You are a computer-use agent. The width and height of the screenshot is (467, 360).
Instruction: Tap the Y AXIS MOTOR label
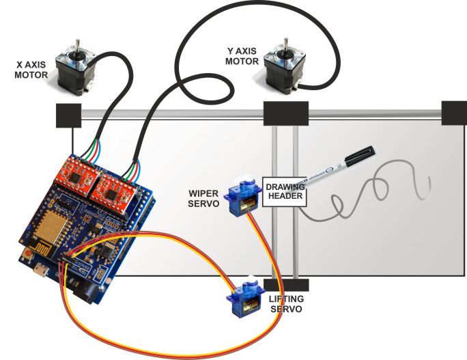coord(243,56)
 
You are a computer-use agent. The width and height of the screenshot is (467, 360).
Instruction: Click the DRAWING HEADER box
coord(285,191)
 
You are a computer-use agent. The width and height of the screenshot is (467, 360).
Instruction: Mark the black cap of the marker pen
coord(359,156)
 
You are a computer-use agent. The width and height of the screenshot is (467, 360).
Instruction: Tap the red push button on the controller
coord(27,254)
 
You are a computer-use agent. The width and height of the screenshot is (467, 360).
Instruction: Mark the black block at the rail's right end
coord(454,113)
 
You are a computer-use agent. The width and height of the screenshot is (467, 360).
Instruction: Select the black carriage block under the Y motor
coord(286,114)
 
